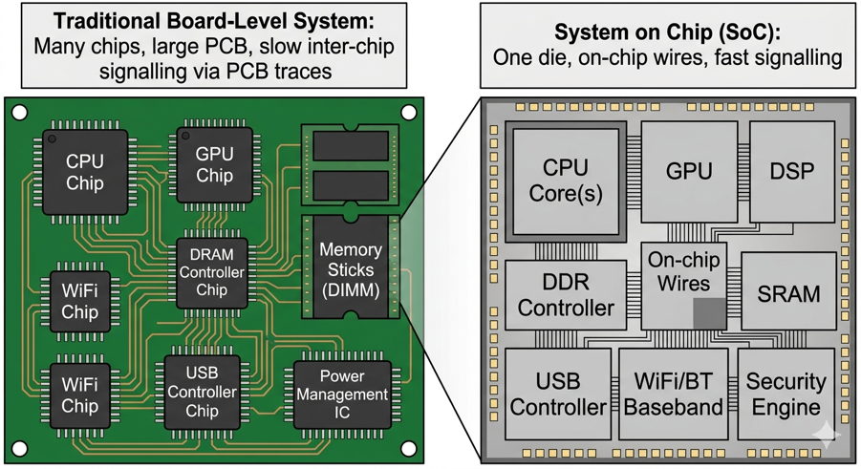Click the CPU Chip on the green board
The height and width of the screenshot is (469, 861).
click(84, 172)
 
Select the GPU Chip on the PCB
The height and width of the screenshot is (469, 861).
click(214, 165)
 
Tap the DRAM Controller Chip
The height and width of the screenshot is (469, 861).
click(212, 273)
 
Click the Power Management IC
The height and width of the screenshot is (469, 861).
click(341, 394)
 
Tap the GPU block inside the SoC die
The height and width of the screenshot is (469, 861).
click(688, 172)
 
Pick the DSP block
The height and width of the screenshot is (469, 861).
click(791, 172)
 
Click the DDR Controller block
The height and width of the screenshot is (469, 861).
click(566, 295)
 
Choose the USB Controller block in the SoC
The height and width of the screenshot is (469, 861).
click(557, 394)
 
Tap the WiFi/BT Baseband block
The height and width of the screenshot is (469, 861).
click(673, 394)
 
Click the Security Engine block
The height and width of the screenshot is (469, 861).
click(785, 394)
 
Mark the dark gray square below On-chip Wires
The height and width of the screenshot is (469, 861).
click(708, 313)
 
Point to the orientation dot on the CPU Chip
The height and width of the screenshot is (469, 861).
click(53, 140)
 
